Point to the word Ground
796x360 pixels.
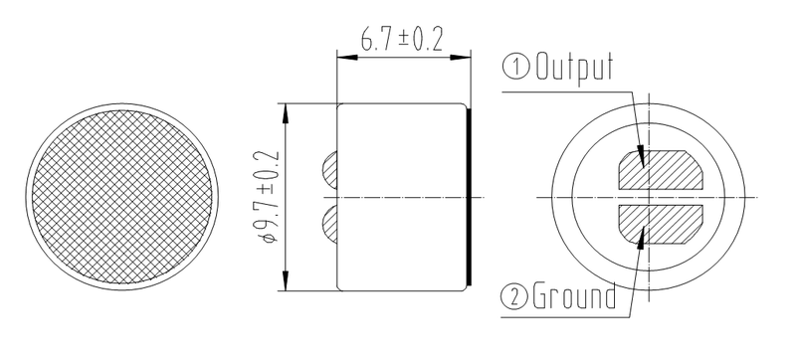574,295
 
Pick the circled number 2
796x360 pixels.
517,295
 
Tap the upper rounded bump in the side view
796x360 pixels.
331,170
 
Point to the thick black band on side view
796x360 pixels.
469,196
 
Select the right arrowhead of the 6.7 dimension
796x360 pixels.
465,56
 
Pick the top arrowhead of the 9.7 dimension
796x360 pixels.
288,108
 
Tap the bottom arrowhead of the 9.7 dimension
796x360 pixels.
288,283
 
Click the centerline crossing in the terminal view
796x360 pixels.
649,196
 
